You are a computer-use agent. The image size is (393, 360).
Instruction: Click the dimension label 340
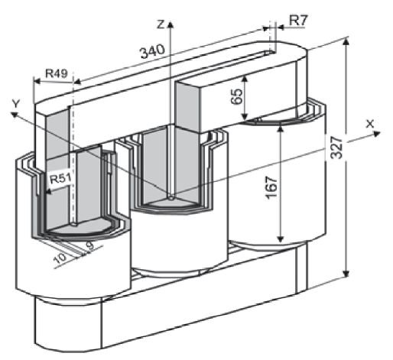click(x=153, y=51)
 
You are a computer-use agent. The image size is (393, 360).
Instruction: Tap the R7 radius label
click(x=299, y=21)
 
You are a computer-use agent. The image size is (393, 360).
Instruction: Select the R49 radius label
click(x=57, y=73)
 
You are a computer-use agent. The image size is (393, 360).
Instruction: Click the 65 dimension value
click(x=236, y=96)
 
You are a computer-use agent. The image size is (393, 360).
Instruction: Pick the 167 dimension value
click(x=271, y=187)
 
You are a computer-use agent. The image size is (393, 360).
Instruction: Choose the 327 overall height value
click(x=336, y=148)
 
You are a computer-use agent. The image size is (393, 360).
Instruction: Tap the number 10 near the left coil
click(x=60, y=258)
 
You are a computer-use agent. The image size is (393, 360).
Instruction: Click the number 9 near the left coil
click(x=89, y=246)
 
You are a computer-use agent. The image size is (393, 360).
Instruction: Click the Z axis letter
click(x=161, y=24)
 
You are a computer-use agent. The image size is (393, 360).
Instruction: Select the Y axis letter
click(x=16, y=104)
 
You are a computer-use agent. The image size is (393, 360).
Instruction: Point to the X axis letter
click(x=370, y=124)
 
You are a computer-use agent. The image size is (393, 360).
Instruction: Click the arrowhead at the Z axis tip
click(x=171, y=24)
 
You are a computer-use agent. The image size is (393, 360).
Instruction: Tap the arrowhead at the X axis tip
click(x=377, y=134)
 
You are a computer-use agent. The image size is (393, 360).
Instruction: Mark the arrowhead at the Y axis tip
click(x=14, y=115)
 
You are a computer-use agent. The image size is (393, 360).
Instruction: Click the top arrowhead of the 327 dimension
click(x=346, y=42)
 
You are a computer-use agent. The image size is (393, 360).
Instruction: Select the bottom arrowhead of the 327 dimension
click(x=346, y=274)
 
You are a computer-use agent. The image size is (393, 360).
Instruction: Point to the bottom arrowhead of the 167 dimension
click(x=281, y=239)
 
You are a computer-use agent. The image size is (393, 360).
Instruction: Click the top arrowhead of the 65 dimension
click(x=245, y=79)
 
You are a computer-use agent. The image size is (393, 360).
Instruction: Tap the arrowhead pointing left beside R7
click(x=280, y=27)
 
